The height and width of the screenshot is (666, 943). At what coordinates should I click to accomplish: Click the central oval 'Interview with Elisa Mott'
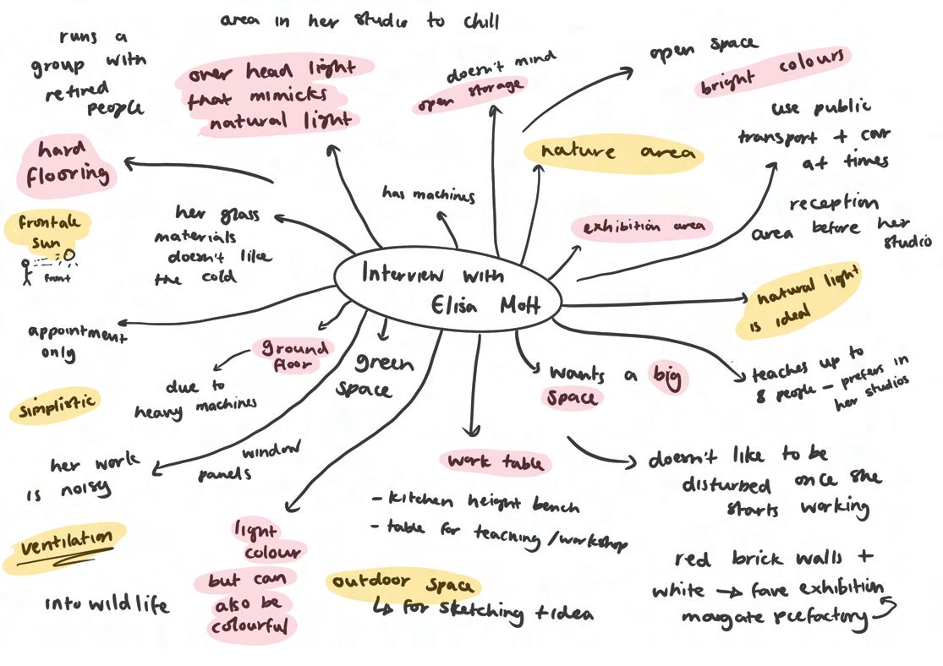(x=448, y=288)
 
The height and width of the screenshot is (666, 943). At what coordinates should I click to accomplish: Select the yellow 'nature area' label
(x=613, y=152)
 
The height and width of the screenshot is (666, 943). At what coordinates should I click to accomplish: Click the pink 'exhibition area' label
(x=643, y=227)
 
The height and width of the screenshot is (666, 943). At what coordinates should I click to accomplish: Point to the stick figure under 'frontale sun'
(x=26, y=271)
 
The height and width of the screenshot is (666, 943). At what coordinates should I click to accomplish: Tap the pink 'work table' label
(x=495, y=462)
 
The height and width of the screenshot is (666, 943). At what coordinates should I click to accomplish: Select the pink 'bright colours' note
(x=772, y=73)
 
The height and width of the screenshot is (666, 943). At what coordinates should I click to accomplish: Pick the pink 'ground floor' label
(x=293, y=356)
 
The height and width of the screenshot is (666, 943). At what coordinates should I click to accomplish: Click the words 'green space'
(x=376, y=375)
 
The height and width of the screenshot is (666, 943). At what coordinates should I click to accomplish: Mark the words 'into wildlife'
(x=107, y=604)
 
